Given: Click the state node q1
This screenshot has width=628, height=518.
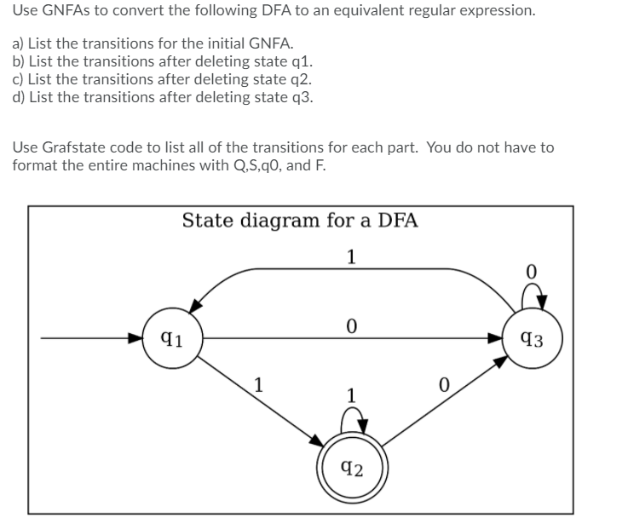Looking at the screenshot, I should pos(170,337).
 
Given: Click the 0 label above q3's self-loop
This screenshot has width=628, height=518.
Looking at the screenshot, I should pos(531,273).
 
